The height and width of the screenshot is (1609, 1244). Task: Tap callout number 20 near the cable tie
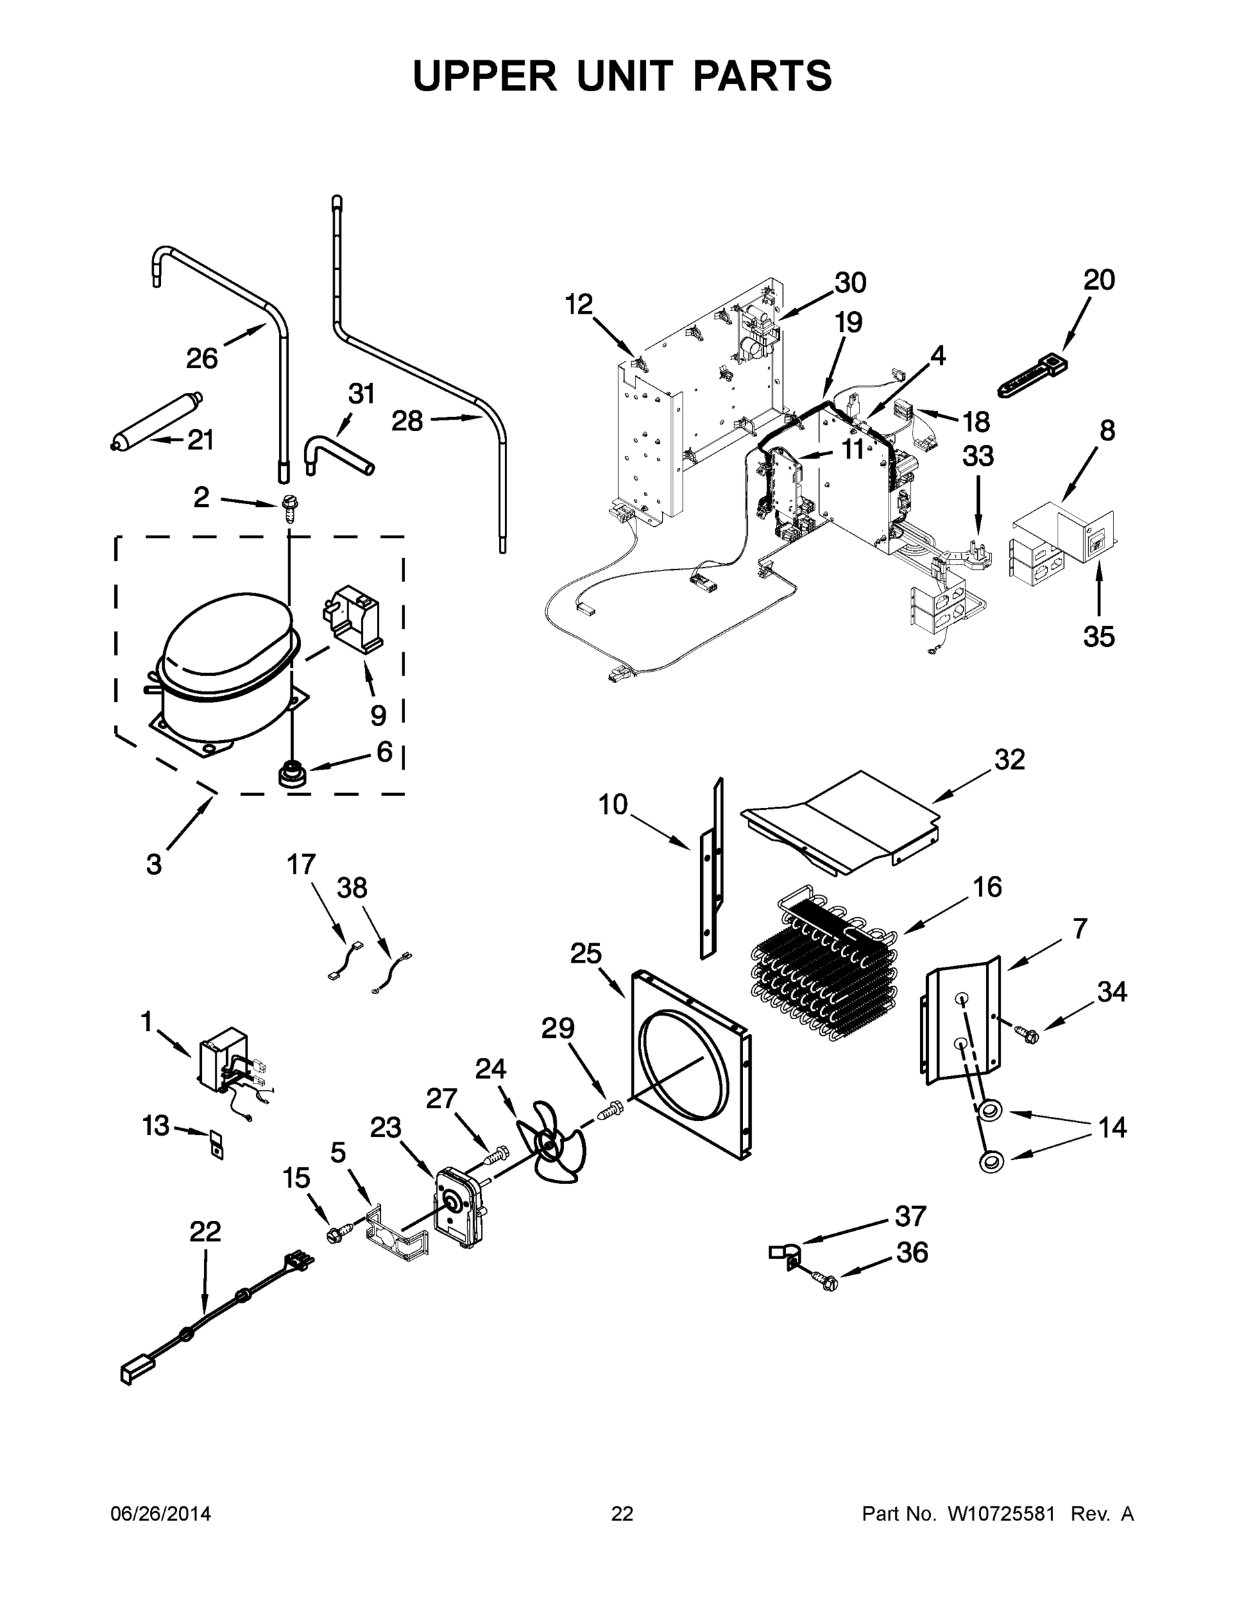(1098, 280)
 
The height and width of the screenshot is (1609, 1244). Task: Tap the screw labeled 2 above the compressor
(290, 507)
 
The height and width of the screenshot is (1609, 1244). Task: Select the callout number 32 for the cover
(1009, 760)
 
